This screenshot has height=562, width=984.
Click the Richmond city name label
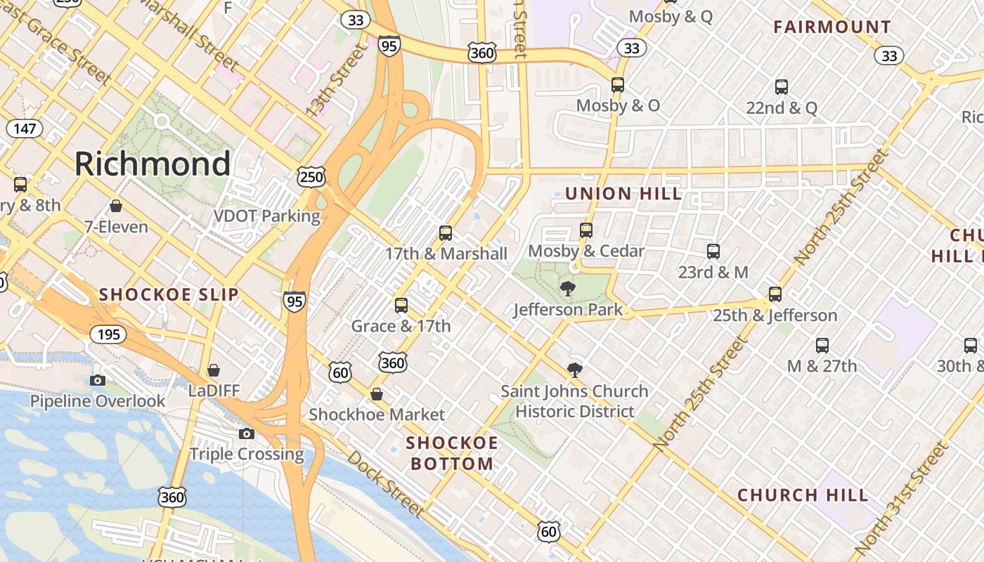click(153, 164)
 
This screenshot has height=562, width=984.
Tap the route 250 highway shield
click(311, 176)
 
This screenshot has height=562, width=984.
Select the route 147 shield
click(24, 128)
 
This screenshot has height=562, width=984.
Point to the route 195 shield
click(108, 334)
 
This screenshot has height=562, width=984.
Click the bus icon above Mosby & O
click(618, 85)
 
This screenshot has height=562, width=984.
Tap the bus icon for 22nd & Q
click(781, 87)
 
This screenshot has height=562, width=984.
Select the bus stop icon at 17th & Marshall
click(445, 233)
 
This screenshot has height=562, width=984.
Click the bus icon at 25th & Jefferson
click(775, 294)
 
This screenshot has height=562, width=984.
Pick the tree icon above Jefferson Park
click(567, 289)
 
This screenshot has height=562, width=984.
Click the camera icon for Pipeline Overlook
click(98, 381)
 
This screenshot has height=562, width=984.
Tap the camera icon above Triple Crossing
click(247, 433)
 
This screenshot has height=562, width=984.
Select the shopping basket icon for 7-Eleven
click(116, 206)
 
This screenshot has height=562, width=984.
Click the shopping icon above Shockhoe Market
click(377, 394)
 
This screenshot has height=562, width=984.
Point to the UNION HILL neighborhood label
click(623, 194)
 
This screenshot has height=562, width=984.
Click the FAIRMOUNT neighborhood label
click(832, 27)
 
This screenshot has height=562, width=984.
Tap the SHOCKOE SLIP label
click(169, 294)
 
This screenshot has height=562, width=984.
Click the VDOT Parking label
click(267, 216)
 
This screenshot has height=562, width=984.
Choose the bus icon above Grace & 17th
click(401, 306)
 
